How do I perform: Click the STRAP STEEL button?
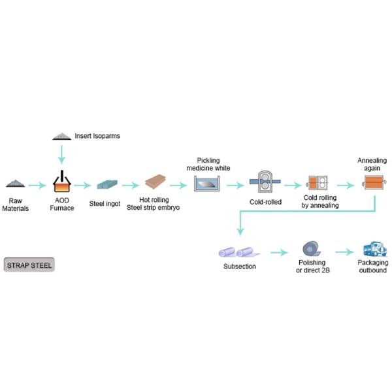(x=29, y=265)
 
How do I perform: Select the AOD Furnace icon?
(x=62, y=183)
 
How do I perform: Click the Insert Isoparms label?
(x=97, y=136)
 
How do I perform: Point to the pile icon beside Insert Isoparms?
(x=62, y=136)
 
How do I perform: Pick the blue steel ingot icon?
(x=105, y=185)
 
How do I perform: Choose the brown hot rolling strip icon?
(x=155, y=183)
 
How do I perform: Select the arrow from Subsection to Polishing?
(x=279, y=252)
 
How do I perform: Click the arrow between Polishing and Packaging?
(x=342, y=252)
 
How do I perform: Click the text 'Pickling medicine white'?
(x=213, y=164)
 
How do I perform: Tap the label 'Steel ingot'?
(x=105, y=203)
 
